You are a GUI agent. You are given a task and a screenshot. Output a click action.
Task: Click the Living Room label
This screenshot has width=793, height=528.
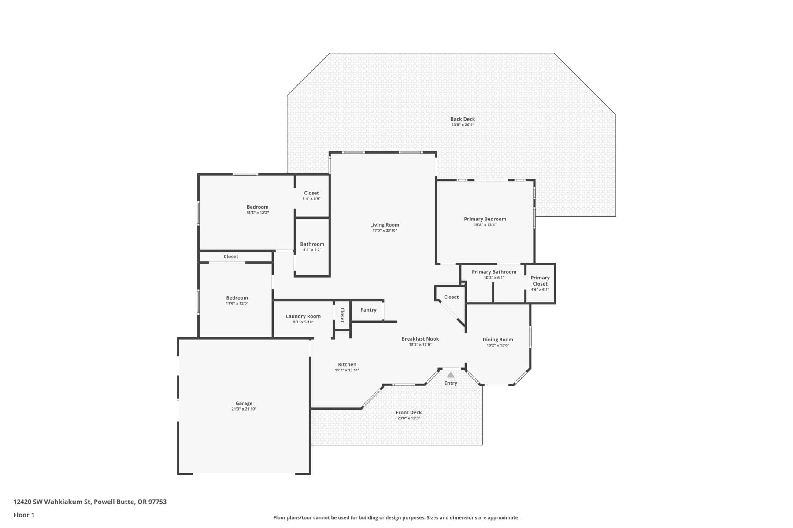(x=385, y=225)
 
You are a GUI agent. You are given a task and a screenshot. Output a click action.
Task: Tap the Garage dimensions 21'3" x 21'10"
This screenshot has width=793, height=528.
(x=244, y=409)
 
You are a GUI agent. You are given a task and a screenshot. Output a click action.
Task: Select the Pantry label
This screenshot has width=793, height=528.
(x=368, y=310)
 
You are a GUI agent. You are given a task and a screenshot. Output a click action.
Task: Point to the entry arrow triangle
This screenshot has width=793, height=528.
(x=450, y=375)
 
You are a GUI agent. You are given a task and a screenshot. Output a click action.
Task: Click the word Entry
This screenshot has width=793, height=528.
(x=451, y=383)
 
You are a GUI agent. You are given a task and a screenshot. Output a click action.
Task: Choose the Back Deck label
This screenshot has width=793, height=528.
(x=463, y=119)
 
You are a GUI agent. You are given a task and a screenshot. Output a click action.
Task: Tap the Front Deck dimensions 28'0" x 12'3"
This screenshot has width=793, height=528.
(x=409, y=418)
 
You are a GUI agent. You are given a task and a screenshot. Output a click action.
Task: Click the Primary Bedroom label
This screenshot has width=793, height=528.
(x=485, y=219)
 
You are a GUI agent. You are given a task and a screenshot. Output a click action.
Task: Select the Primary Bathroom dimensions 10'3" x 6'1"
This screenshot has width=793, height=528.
(x=494, y=278)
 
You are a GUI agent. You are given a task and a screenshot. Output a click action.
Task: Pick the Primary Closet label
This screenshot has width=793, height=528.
(x=540, y=281)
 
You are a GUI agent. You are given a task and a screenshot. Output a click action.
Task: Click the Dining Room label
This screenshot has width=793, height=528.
(x=498, y=340)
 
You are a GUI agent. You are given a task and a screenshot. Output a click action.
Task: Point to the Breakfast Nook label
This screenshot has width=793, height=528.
(x=420, y=339)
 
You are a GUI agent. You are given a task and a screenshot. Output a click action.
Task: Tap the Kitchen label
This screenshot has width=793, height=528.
(x=347, y=364)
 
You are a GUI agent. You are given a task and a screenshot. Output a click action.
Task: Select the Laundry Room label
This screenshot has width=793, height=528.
(x=303, y=316)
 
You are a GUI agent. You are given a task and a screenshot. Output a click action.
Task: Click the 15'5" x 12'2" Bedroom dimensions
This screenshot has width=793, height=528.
(x=258, y=213)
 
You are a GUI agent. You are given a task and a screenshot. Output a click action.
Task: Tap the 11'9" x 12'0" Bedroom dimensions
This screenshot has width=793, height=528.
(x=237, y=304)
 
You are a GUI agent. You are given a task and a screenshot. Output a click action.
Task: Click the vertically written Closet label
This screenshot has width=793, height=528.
(x=342, y=315)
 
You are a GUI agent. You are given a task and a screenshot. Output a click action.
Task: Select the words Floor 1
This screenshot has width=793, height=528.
(x=24, y=515)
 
